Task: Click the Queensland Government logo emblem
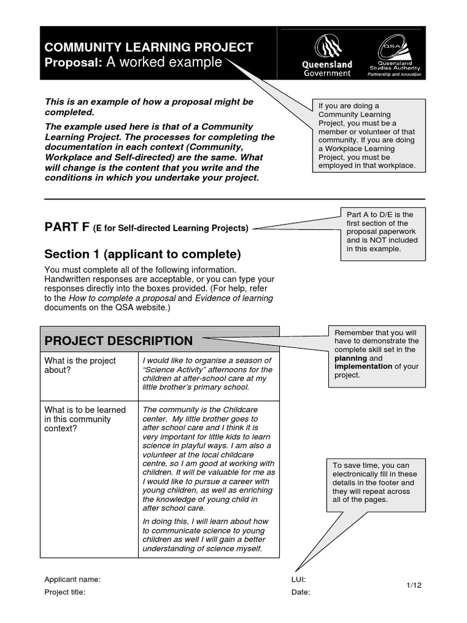click(x=327, y=47)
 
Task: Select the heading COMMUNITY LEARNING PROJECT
click(x=149, y=48)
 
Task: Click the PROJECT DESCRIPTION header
click(x=119, y=341)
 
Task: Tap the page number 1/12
click(x=414, y=585)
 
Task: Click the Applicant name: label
click(x=72, y=580)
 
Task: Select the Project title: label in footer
click(x=64, y=592)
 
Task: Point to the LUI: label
click(x=299, y=580)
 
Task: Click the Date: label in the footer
click(x=300, y=592)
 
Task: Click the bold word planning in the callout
click(x=351, y=358)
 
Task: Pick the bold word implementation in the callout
click(x=363, y=367)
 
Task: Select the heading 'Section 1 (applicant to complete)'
click(x=143, y=254)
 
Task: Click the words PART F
click(x=67, y=228)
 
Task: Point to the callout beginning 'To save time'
click(x=375, y=482)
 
